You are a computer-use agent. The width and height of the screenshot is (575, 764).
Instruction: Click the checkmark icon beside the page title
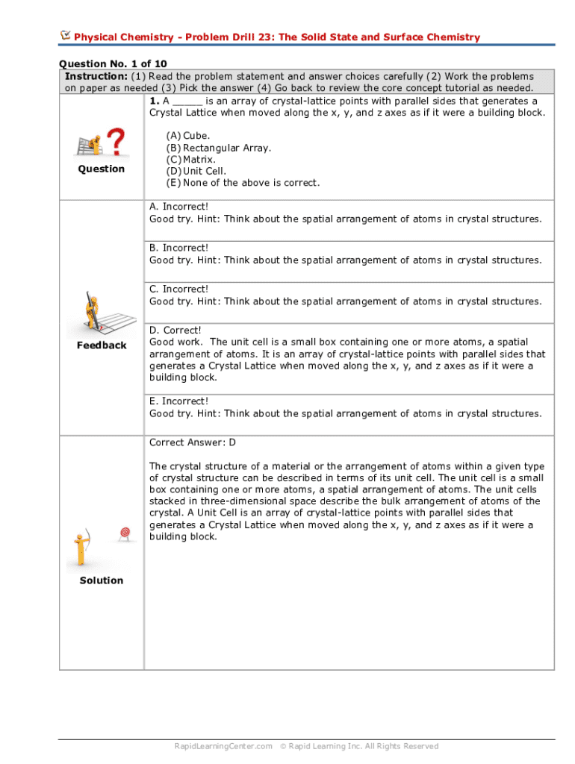click(x=65, y=35)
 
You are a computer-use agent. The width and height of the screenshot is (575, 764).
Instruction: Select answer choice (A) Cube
click(x=188, y=136)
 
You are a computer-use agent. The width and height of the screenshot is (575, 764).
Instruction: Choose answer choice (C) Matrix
click(x=191, y=160)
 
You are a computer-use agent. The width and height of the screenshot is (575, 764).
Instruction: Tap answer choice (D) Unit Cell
click(x=196, y=171)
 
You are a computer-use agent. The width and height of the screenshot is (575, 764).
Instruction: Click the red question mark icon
click(x=116, y=142)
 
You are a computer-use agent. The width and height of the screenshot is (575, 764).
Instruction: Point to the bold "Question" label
click(x=102, y=169)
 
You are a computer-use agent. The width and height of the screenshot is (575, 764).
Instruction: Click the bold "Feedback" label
click(x=102, y=345)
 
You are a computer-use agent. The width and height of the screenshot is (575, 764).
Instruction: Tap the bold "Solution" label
click(x=102, y=580)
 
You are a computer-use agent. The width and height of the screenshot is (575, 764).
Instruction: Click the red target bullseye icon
click(x=125, y=533)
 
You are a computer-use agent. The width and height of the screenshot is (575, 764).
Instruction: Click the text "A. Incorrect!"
click(x=179, y=207)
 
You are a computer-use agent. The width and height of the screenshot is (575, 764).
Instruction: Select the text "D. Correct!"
click(x=175, y=331)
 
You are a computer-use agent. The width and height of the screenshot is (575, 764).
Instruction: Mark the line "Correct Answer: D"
click(x=193, y=442)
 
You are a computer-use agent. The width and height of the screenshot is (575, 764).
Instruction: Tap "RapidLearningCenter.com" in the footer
click(x=223, y=746)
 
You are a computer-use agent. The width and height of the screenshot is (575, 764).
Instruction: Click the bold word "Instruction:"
click(x=96, y=77)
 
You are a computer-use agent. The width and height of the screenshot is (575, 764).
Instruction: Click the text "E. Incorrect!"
click(x=178, y=401)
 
